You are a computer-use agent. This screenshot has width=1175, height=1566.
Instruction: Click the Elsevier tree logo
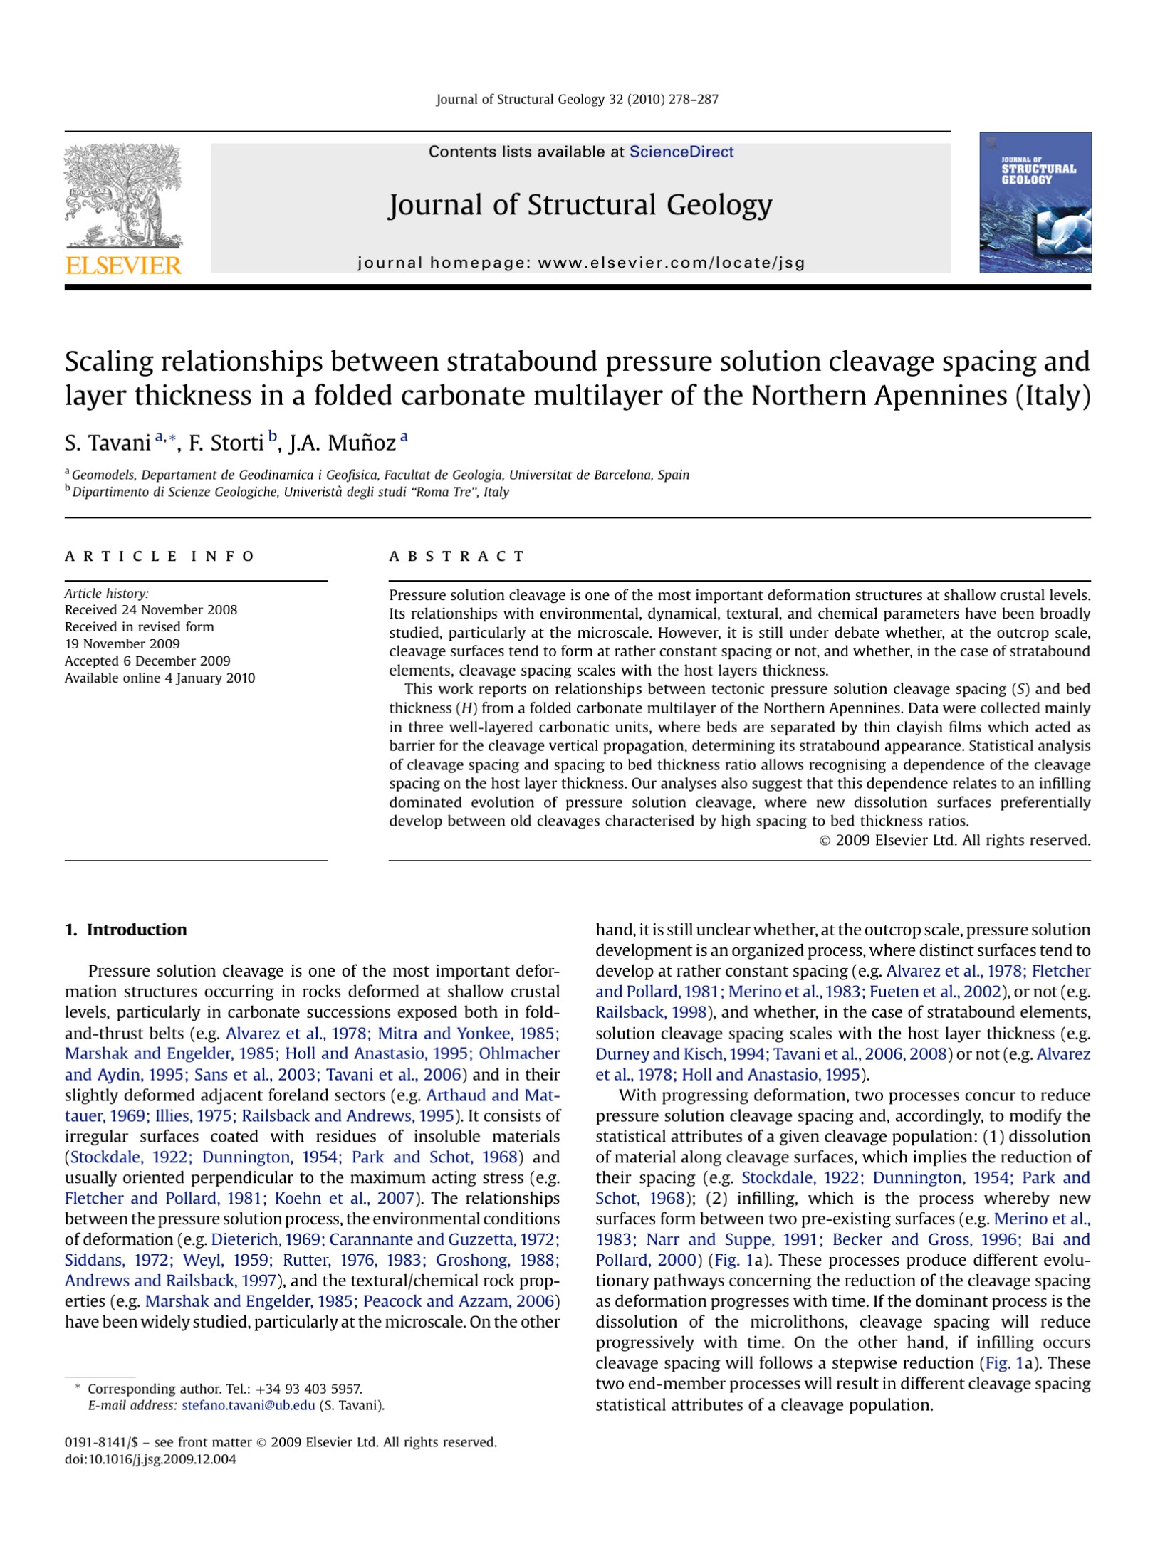[x=123, y=196]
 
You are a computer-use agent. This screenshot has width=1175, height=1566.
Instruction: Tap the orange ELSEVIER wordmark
[x=123, y=266]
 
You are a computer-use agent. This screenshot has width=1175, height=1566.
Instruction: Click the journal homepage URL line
[x=580, y=263]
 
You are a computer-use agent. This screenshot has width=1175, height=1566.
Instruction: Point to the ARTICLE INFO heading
[x=160, y=556]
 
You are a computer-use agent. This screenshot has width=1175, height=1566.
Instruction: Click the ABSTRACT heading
[x=456, y=556]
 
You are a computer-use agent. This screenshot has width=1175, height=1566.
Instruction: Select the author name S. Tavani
[x=108, y=443]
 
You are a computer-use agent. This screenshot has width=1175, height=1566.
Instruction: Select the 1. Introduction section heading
[x=126, y=930]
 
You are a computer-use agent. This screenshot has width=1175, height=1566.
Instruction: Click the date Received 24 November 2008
[x=151, y=610]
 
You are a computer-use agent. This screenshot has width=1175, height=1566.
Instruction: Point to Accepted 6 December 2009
[x=147, y=661]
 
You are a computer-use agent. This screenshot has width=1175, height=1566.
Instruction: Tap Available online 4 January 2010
[x=160, y=678]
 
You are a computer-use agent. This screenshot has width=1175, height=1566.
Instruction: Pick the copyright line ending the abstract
[x=955, y=840]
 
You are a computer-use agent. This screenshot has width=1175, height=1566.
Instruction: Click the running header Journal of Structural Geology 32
[x=577, y=100]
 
